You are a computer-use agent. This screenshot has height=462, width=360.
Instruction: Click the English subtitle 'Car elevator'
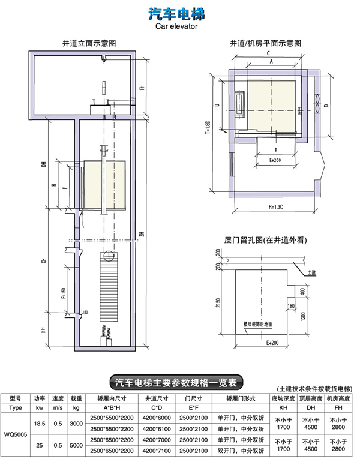pos(176,27)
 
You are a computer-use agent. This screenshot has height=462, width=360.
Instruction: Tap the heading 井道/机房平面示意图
pos(265,43)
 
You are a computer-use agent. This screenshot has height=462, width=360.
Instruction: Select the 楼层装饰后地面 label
pos(258,323)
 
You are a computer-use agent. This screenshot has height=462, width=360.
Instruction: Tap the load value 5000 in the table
pos(76,446)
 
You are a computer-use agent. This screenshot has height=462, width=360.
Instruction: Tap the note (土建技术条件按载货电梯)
pos(314,388)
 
